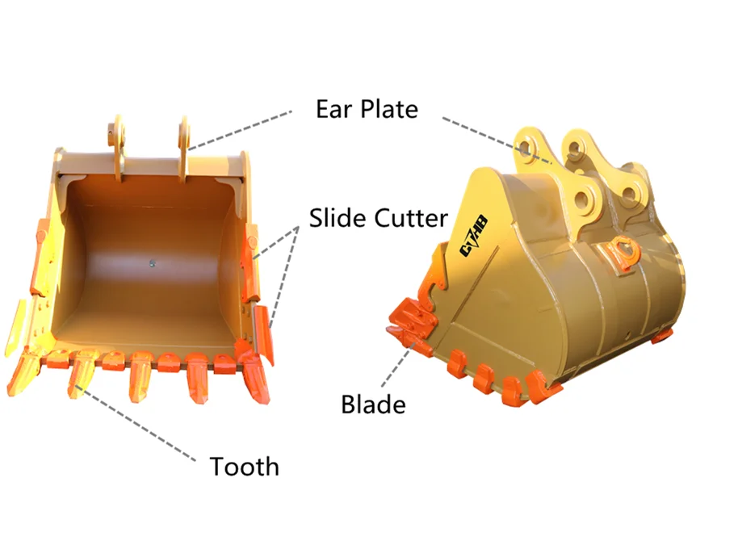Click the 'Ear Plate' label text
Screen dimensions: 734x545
(367, 109)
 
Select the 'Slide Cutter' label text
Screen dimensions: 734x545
(378, 217)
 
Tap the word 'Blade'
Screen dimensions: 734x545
(373, 404)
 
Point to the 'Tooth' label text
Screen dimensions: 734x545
(245, 466)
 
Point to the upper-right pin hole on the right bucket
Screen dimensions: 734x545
(574, 149)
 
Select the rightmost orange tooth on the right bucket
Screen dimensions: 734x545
(543, 387)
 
